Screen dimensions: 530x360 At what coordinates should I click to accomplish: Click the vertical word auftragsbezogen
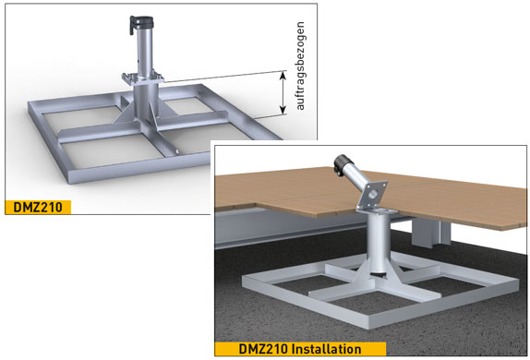tap(300, 66)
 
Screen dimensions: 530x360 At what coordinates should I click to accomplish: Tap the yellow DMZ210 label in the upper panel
tap(38, 207)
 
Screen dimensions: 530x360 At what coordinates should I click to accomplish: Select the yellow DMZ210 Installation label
tap(300, 349)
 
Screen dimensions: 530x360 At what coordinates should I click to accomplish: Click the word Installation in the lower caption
tap(326, 349)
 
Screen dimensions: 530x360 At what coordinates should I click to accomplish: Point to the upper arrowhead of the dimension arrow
tap(283, 75)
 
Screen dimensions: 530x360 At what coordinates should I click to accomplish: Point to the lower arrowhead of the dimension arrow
tap(283, 110)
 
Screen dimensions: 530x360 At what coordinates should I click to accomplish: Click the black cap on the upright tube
tap(141, 23)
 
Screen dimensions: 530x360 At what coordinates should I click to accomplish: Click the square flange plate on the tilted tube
tap(372, 195)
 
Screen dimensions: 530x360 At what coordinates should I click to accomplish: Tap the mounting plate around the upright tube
tap(143, 78)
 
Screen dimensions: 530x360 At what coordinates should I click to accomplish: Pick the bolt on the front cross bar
tap(176, 151)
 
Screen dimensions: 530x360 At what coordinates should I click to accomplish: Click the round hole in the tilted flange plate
tap(373, 194)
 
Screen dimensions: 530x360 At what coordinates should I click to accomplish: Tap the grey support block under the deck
tap(431, 233)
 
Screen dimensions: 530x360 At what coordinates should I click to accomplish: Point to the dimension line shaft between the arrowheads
tap(283, 92)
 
